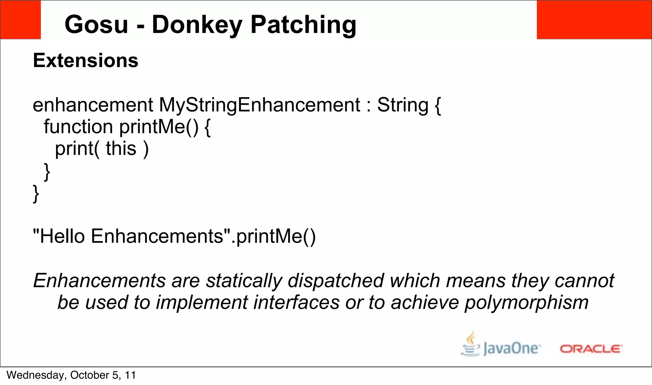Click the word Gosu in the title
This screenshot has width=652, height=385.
pyautogui.click(x=96, y=25)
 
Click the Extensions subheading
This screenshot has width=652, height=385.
pyautogui.click(x=85, y=61)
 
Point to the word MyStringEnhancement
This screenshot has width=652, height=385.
pyautogui.click(x=259, y=105)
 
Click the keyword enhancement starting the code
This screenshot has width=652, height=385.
pyautogui.click(x=93, y=105)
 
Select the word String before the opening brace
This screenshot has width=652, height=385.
pyautogui.click(x=402, y=105)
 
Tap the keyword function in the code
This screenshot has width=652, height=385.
pyautogui.click(x=78, y=127)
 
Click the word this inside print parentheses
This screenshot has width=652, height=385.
pyautogui.click(x=121, y=148)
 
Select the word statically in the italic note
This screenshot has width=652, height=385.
pyautogui.click(x=244, y=281)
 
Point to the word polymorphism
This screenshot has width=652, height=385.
pyautogui.click(x=526, y=303)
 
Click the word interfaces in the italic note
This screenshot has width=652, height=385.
pyautogui.click(x=296, y=303)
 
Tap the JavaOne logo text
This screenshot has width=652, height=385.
pyautogui.click(x=511, y=348)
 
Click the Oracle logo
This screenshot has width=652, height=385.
pyautogui.click(x=591, y=349)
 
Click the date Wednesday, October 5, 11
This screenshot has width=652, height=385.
pyautogui.click(x=71, y=375)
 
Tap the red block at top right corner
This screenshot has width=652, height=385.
pyautogui.click(x=594, y=20)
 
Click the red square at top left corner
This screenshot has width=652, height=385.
pyautogui.click(x=20, y=20)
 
